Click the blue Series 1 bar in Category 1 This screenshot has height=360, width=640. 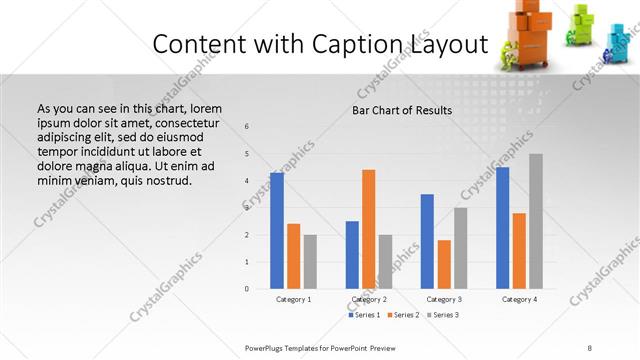coord(277,231)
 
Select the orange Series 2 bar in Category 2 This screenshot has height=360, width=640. coord(368,229)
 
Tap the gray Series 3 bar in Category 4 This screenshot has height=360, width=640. coord(536,221)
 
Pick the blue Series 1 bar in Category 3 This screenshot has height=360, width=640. coord(427,241)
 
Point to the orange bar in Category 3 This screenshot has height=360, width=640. coord(444,264)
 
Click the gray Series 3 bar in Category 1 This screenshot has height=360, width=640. coord(310,262)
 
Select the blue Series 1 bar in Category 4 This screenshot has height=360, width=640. coord(502,228)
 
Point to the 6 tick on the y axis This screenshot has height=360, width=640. coord(248,127)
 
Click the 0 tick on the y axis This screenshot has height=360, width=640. coord(248,289)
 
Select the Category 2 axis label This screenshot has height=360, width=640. coord(369,299)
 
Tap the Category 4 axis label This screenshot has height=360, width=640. coord(519,299)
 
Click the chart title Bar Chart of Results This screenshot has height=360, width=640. coord(402,110)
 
